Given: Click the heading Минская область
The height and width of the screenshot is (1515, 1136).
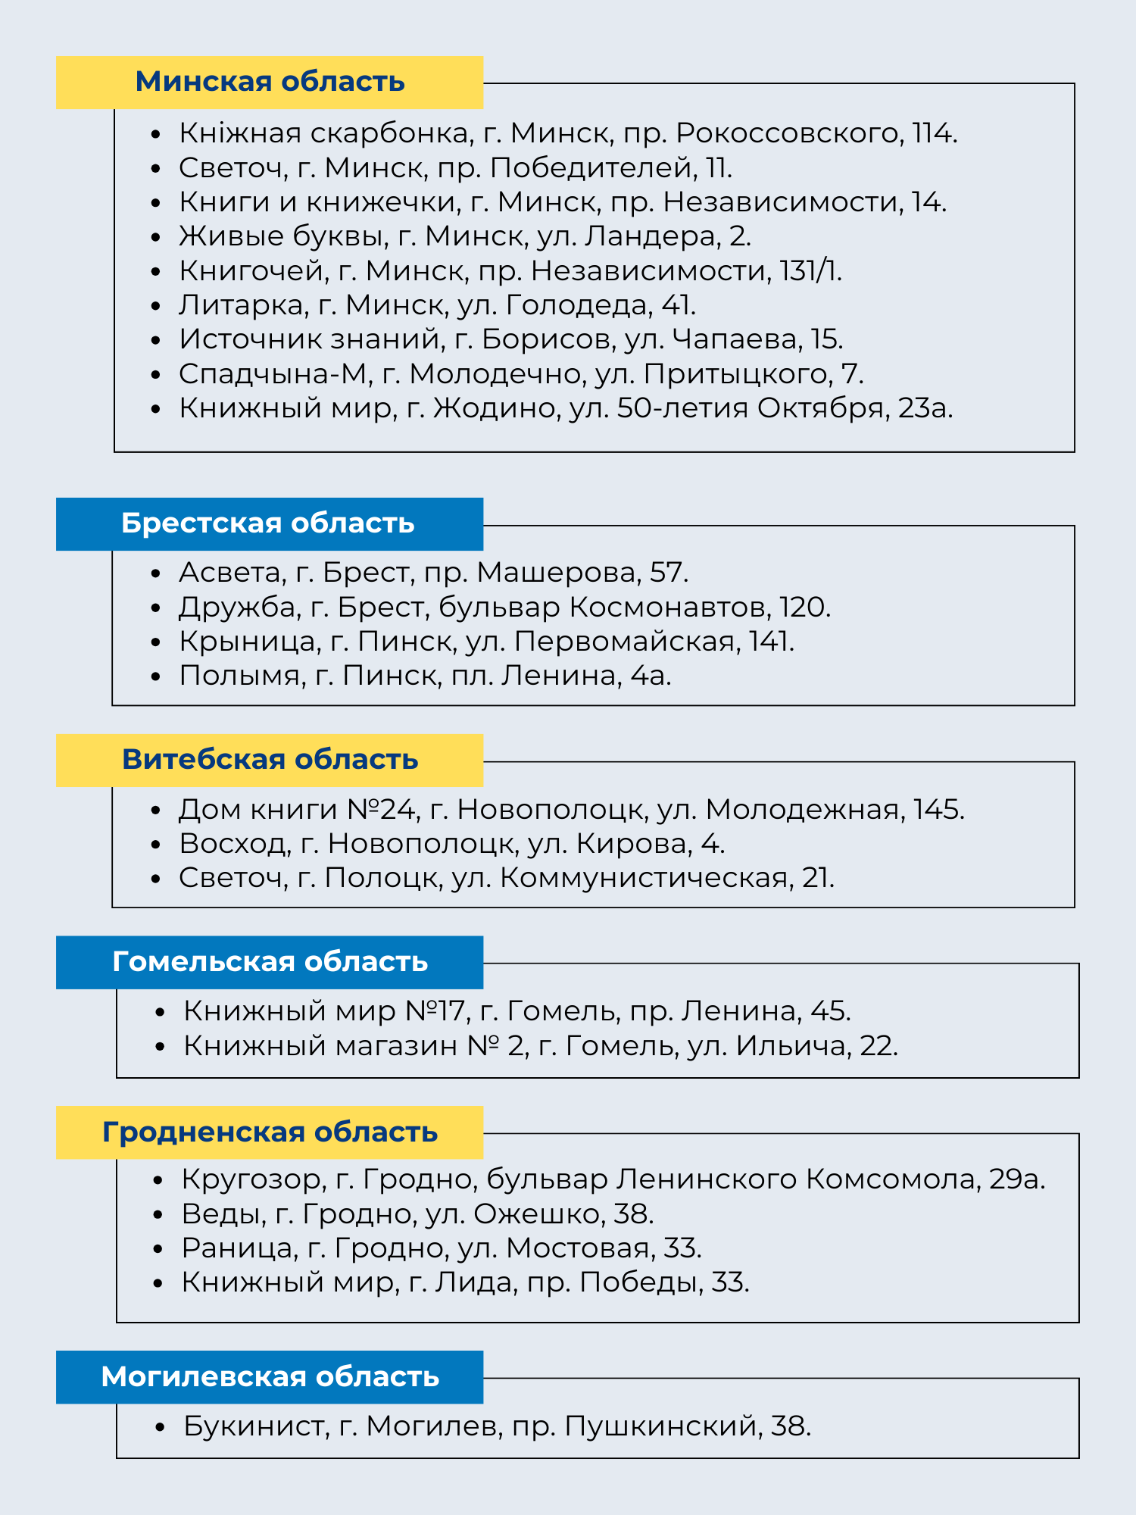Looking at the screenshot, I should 270,82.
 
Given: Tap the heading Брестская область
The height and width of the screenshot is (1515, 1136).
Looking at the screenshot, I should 268,523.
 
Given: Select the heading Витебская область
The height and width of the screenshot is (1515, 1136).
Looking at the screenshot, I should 270,760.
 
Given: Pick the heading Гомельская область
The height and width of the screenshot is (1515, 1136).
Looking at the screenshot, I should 270,962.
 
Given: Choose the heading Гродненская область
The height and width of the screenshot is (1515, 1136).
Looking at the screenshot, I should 270,1132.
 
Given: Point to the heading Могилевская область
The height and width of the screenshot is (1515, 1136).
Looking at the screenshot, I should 270,1377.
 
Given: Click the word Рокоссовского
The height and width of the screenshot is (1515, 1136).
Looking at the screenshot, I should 788,133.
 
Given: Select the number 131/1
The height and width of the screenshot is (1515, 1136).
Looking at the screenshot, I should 810,270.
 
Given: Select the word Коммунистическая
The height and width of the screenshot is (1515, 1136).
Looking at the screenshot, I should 644,878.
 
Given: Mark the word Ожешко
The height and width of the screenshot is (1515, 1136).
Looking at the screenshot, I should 537,1214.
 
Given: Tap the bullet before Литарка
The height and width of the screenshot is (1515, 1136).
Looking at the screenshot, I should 157,306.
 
